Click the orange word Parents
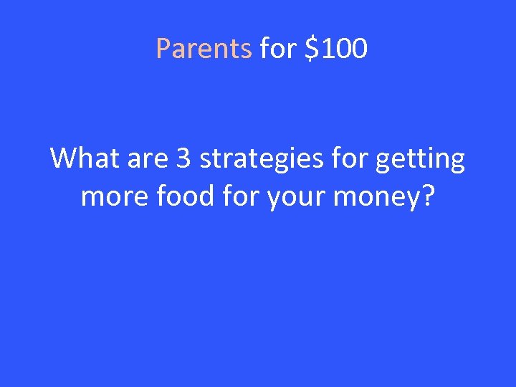click(204, 49)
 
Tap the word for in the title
click(277, 49)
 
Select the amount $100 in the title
click(335, 49)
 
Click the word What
click(80, 158)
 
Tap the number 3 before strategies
click(182, 158)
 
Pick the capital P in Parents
click(163, 49)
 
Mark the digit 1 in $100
click(325, 49)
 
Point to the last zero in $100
click(359, 49)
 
